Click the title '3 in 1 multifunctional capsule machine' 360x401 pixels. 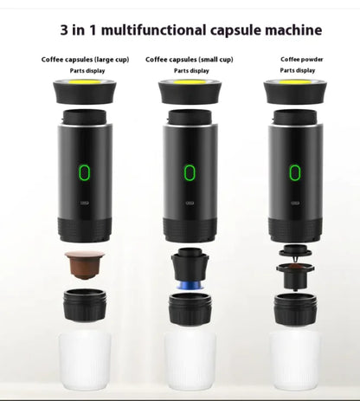(191, 30)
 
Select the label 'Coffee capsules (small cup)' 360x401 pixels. (188, 60)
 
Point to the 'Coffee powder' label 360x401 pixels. (298, 59)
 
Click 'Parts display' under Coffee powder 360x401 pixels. (298, 70)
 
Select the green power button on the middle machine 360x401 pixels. (190, 172)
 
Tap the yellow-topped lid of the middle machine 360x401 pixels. (190, 89)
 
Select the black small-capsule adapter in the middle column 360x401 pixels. (189, 262)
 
